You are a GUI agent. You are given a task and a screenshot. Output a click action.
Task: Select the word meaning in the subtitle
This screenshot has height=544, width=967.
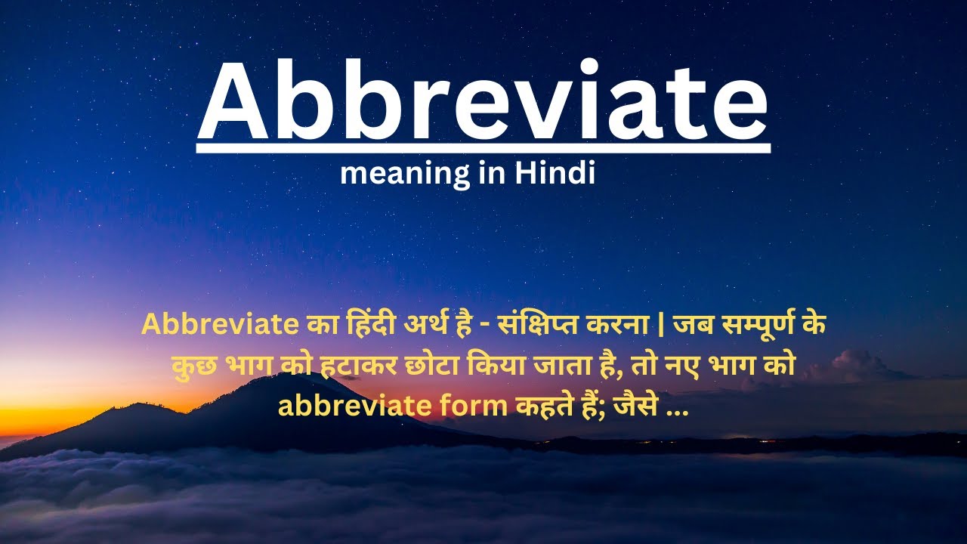(x=394, y=175)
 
